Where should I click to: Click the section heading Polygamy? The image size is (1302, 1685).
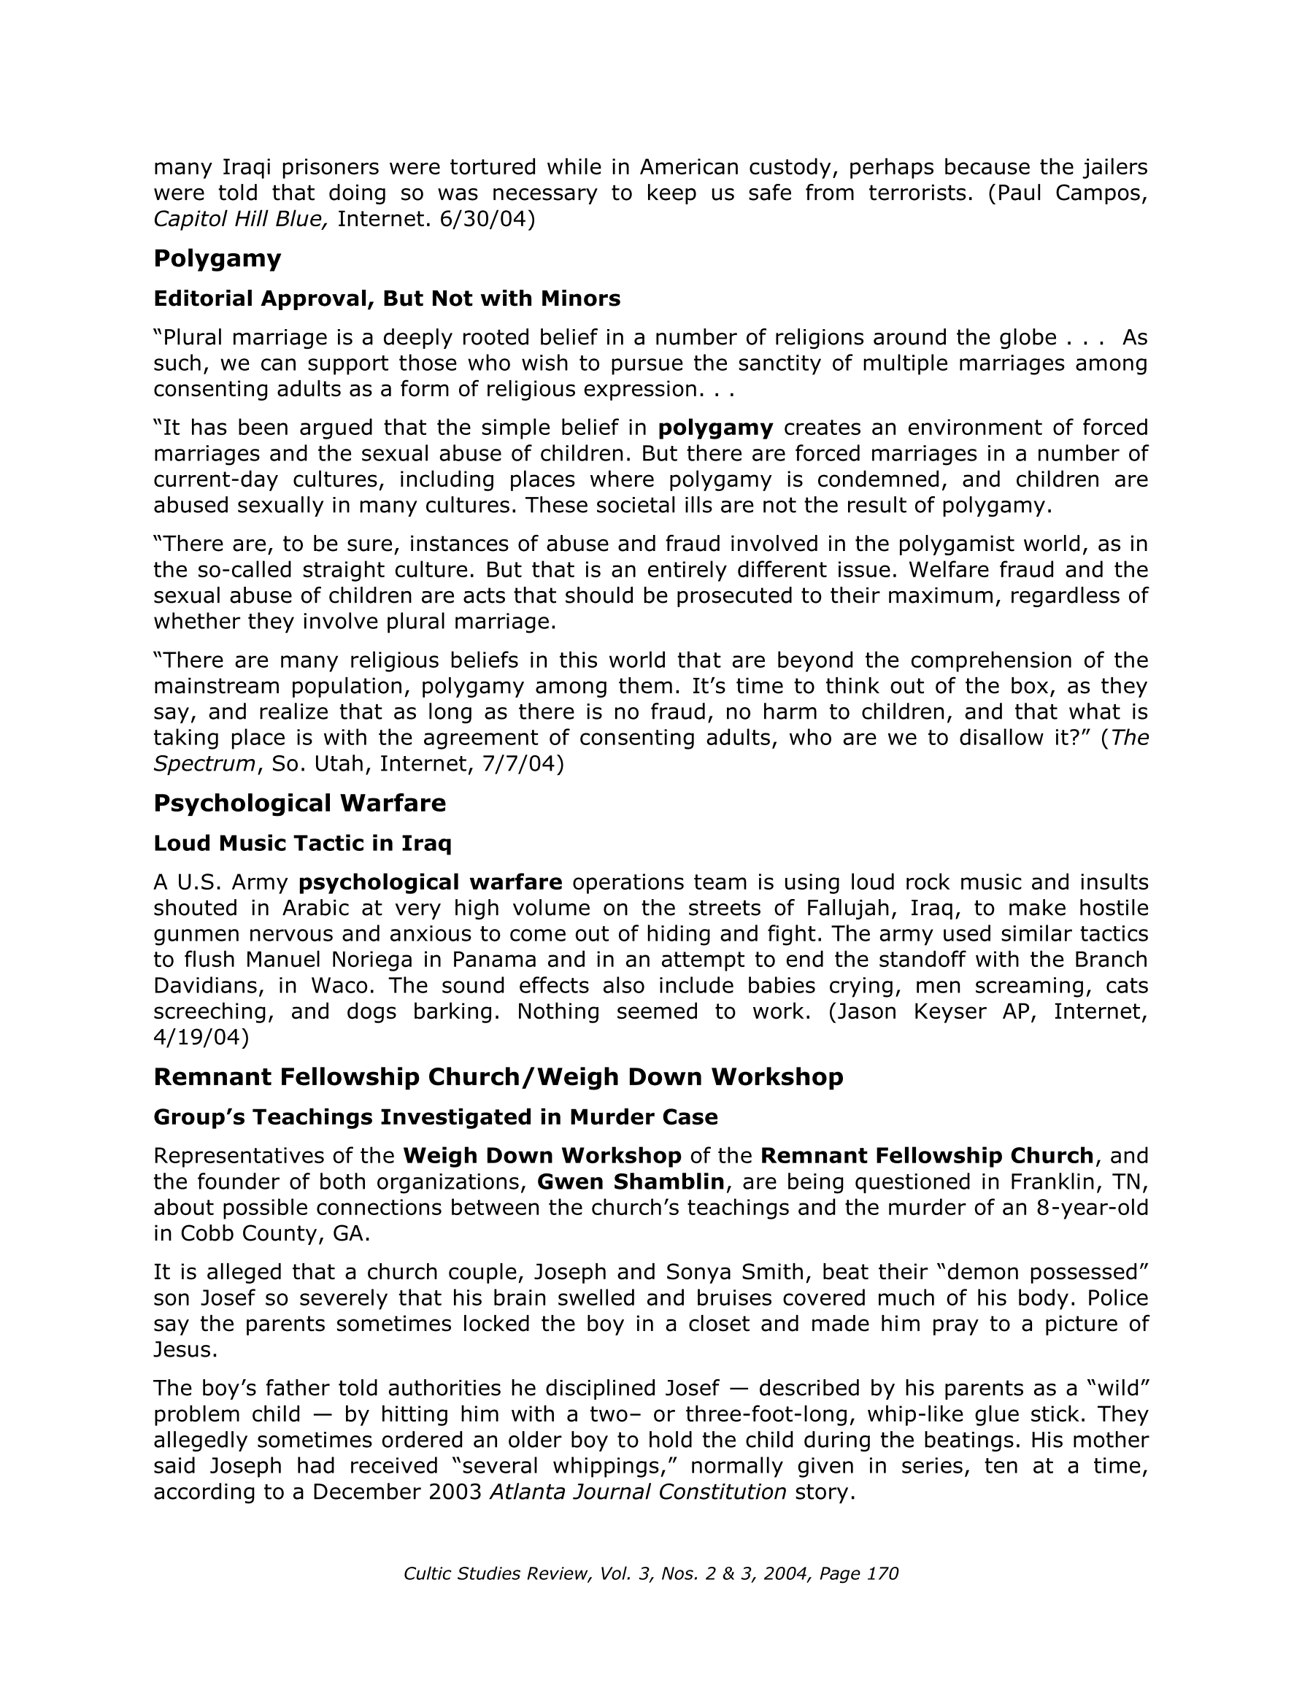coord(217,258)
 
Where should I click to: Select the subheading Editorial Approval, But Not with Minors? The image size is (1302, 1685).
coord(387,298)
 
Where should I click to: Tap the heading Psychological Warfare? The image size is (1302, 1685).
coord(299,803)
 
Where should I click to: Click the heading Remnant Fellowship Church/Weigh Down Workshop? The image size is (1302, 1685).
coord(498,1076)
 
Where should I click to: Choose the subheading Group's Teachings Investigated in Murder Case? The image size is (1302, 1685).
coord(435,1117)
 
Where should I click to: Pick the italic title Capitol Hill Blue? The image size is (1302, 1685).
coord(241,220)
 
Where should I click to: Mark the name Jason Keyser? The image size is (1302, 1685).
coord(914,1011)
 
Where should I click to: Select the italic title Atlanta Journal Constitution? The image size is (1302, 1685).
coord(639,1492)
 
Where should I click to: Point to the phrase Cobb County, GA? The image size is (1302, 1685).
coord(274,1234)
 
